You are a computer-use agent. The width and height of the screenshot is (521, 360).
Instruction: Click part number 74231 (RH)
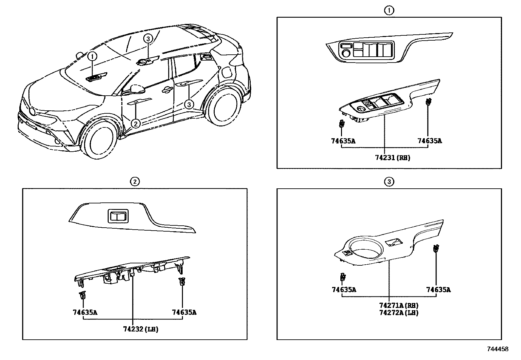pos(392,158)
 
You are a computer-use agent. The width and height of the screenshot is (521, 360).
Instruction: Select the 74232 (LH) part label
pos(141,329)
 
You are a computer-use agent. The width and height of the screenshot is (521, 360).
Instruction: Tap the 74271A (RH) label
pos(399,305)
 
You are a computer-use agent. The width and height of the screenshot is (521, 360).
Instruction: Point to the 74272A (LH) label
pos(399,313)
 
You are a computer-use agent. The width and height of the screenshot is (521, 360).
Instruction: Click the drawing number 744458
pos(498,349)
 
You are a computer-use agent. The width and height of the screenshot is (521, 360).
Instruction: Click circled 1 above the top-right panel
pos(389,10)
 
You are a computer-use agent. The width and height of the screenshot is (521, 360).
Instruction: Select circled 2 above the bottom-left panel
pos(135,181)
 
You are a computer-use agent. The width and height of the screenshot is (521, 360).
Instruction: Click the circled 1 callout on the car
pos(92,56)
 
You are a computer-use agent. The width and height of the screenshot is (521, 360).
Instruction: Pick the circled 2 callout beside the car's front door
pos(136,123)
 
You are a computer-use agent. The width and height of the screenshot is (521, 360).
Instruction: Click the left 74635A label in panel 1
pos(343,141)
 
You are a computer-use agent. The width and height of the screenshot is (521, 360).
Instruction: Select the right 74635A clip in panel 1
pos(428,102)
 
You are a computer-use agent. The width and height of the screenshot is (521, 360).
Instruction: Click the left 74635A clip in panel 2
pos(83,295)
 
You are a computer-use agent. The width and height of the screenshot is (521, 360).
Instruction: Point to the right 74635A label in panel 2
pos(184,313)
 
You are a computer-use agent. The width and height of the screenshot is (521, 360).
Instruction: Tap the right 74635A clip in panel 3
pos(436,249)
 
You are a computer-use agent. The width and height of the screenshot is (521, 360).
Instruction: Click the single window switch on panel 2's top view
pos(118,216)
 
